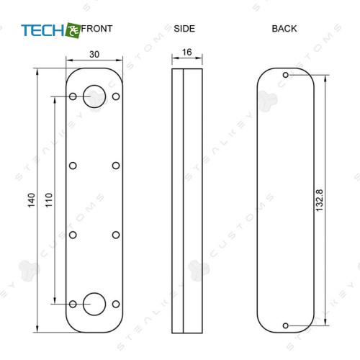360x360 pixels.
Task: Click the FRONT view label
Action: [x=98, y=29]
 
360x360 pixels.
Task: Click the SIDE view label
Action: [x=184, y=29]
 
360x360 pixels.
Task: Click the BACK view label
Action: [x=284, y=29]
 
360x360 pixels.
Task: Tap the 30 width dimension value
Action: [x=94, y=54]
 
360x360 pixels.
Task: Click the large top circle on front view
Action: [x=94, y=96]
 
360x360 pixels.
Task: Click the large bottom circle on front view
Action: [x=94, y=304]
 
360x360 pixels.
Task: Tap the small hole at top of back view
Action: [x=286, y=75]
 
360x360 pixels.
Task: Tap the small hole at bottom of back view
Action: [x=286, y=325]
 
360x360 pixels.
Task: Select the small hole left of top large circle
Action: [x=73, y=96]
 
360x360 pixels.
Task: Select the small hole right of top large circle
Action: [x=115, y=96]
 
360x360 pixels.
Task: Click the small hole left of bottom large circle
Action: [x=73, y=305]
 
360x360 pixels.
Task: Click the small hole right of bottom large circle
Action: [x=115, y=305]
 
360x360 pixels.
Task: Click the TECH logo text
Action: [x=42, y=30]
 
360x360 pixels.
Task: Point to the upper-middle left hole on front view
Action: [x=73, y=166]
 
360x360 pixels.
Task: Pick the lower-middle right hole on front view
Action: [x=115, y=235]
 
